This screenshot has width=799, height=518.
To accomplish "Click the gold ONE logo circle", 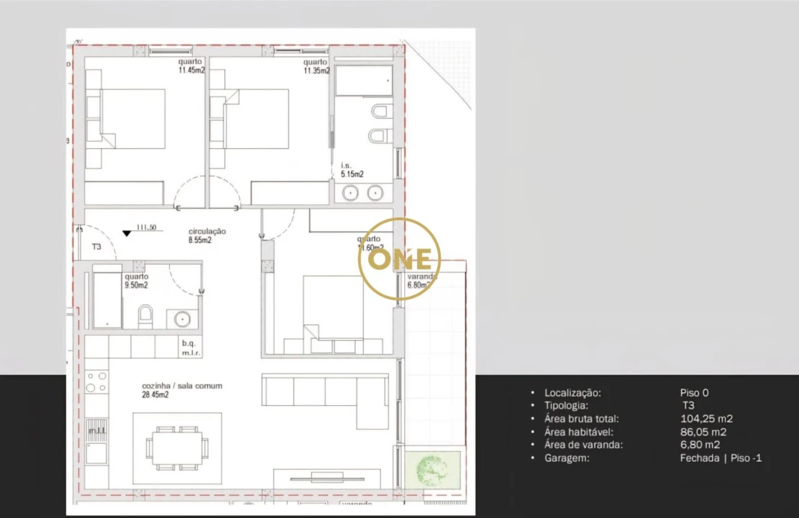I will click(x=399, y=259).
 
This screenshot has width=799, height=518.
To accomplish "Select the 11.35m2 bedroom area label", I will click(x=316, y=66).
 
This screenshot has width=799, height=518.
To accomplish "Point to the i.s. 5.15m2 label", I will click(x=352, y=170).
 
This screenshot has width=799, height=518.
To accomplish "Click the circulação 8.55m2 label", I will click(x=207, y=236).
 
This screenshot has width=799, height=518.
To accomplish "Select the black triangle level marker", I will click(x=127, y=232).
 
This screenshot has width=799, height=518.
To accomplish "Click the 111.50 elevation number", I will click(x=147, y=227).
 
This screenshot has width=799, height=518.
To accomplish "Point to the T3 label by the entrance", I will click(x=96, y=247).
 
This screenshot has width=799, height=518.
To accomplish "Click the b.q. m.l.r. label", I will click(x=190, y=347).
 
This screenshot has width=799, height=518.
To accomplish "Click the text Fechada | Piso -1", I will click(x=720, y=458).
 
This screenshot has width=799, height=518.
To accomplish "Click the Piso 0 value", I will click(x=694, y=393).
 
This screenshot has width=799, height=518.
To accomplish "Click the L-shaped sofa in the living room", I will click(x=324, y=394).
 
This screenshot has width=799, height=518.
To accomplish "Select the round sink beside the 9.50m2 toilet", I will click(x=181, y=318).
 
